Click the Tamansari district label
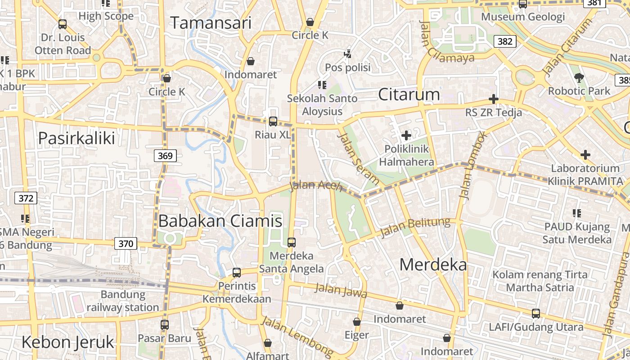[211, 23]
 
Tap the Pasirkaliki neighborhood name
[76, 138]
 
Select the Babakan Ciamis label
[220, 220]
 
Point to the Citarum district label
[409, 94]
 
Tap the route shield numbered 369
[166, 156]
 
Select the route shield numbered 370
[126, 244]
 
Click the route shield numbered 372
[26, 198]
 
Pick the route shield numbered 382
[505, 41]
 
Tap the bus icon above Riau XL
[273, 121]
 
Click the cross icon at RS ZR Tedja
[494, 99]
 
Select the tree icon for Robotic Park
[579, 78]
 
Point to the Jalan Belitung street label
[415, 227]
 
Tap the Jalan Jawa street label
[341, 291]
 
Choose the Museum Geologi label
[522, 17]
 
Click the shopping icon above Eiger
[357, 322]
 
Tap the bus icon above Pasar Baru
[165, 324]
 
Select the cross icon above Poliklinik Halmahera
[406, 135]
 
